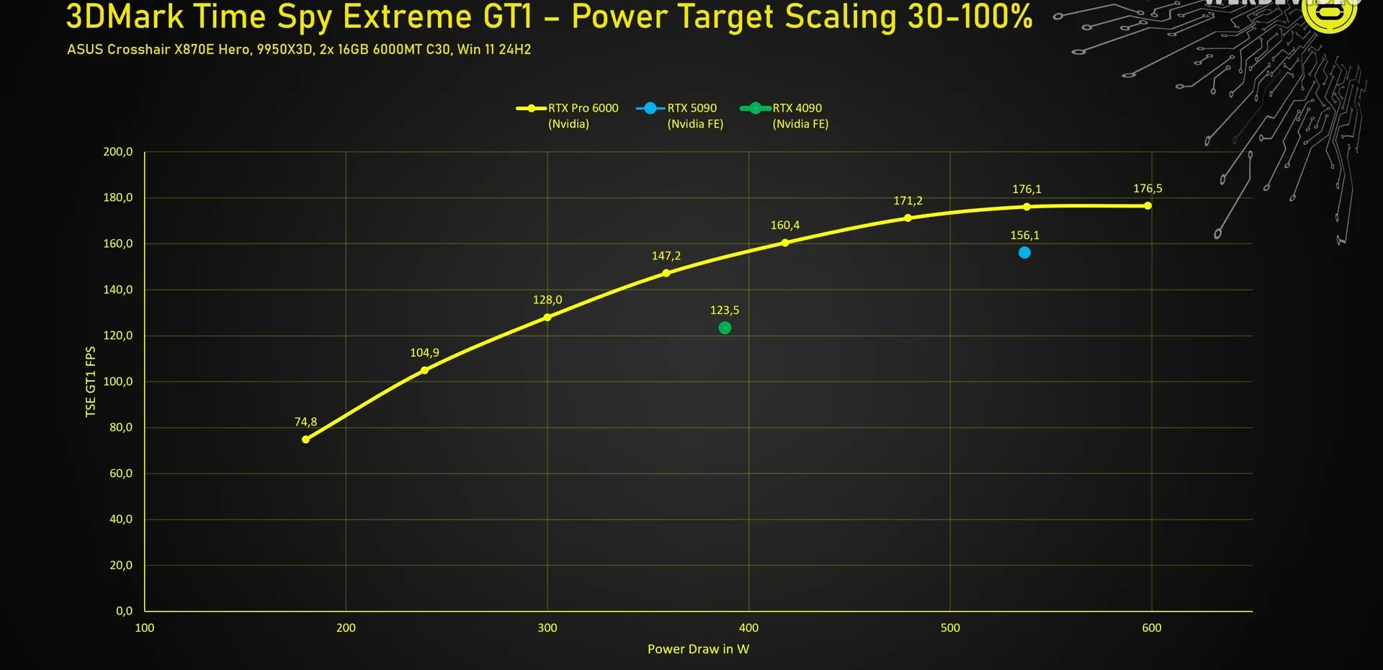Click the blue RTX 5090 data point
(x=1024, y=253)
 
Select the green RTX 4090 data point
(x=725, y=328)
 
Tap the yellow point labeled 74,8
(x=306, y=439)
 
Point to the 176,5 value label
(x=1147, y=189)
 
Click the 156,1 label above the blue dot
(x=1024, y=236)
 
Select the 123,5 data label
(x=725, y=311)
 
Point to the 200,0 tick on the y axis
(x=118, y=152)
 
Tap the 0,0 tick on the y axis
(x=124, y=611)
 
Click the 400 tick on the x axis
(x=748, y=628)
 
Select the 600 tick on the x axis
(x=1151, y=628)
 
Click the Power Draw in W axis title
(x=698, y=649)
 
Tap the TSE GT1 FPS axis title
(x=91, y=381)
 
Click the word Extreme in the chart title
(x=408, y=17)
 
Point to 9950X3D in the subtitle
(x=285, y=50)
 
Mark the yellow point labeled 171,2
(x=908, y=218)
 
